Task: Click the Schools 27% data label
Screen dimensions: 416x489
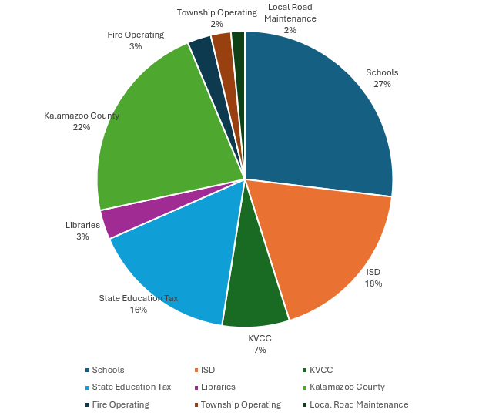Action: pyautogui.click(x=382, y=78)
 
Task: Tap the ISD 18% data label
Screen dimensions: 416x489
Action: pyautogui.click(x=373, y=277)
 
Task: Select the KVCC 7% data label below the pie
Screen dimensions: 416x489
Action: pyautogui.click(x=260, y=344)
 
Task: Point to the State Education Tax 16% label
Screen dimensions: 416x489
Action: pyautogui.click(x=139, y=304)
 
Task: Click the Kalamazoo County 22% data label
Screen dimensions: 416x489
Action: pyautogui.click(x=82, y=121)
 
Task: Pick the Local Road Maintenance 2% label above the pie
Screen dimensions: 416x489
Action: pyautogui.click(x=290, y=18)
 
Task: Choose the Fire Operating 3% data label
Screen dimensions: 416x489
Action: pyautogui.click(x=136, y=40)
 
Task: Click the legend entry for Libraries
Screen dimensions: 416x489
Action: pyautogui.click(x=218, y=387)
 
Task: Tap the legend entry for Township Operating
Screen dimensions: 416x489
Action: pyautogui.click(x=240, y=404)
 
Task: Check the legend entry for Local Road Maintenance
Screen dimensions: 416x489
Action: pyautogui.click(x=358, y=404)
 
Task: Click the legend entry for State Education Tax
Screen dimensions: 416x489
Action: pyautogui.click(x=131, y=387)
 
